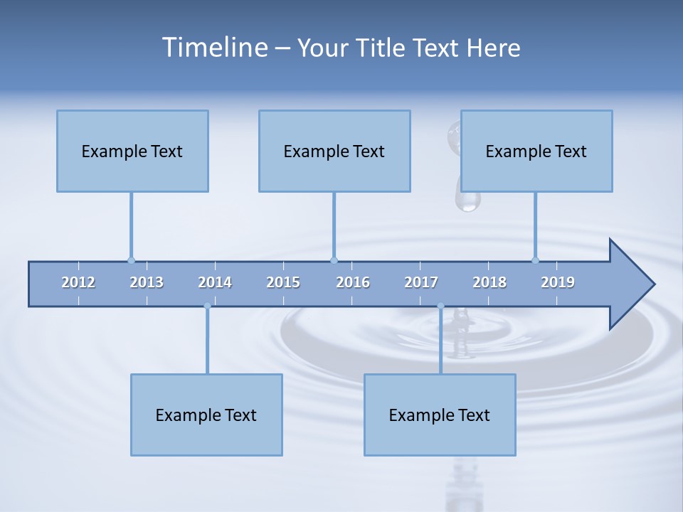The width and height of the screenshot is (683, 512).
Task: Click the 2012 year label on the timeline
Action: coord(78,282)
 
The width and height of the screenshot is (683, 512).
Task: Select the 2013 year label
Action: coord(147,282)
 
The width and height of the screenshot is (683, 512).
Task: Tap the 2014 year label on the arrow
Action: coord(215,282)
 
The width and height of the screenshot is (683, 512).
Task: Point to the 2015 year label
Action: coord(283,282)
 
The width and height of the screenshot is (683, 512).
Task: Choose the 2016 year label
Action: coord(353,282)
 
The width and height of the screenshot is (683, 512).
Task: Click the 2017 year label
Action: coord(421,282)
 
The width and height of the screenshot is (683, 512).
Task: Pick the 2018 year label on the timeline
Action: coord(489,282)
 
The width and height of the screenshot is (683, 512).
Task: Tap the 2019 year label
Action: coord(558,282)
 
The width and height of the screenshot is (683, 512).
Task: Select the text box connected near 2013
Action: coord(132,151)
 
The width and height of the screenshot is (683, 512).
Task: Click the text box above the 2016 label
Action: coord(334,151)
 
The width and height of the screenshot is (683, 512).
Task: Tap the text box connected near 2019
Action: coord(536,151)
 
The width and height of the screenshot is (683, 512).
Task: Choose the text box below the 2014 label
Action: coord(206,415)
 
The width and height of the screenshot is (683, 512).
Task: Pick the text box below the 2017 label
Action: coord(440,415)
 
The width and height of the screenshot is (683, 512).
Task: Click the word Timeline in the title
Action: coord(213,48)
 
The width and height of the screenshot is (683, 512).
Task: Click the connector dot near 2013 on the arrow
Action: coord(131,260)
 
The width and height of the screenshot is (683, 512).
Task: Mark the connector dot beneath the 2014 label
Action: coord(207,306)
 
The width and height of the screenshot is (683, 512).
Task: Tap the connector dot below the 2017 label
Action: coord(440,306)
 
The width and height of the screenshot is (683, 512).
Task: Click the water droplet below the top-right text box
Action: coord(468,201)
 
